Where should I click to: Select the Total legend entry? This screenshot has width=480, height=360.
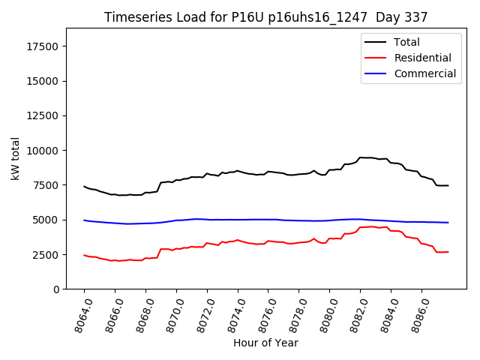tap(406, 42)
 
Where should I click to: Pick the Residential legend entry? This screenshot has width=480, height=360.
tap(422, 58)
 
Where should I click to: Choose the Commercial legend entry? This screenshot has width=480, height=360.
tap(424, 73)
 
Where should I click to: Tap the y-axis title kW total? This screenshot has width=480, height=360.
tap(15, 158)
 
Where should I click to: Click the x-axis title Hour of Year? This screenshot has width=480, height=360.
tap(265, 343)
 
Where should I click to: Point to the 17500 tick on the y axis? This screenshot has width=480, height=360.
tap(42, 46)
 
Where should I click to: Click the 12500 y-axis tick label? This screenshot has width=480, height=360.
tap(42, 115)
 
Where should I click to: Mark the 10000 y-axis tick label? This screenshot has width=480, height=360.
tap(42, 151)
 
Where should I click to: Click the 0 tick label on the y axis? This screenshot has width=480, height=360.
tap(56, 289)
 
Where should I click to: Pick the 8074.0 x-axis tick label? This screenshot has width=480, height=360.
tap(232, 313)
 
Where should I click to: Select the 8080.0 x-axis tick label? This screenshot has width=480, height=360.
tap(324, 313)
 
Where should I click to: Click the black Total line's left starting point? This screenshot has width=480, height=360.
tap(84, 186)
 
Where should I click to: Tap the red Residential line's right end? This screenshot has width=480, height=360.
tap(448, 252)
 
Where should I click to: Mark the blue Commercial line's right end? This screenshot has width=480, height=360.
tap(448, 223)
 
